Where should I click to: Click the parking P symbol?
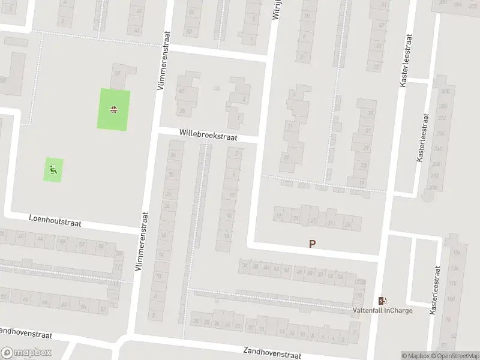click(312, 244)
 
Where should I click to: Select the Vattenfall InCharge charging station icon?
click(382, 301)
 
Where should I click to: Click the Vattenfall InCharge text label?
click(382, 311)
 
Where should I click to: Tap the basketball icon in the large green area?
click(113, 109)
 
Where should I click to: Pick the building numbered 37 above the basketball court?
click(118, 73)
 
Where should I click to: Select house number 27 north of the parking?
click(313, 220)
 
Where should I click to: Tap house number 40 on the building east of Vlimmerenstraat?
click(181, 91)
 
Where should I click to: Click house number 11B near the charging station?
click(360, 282)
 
